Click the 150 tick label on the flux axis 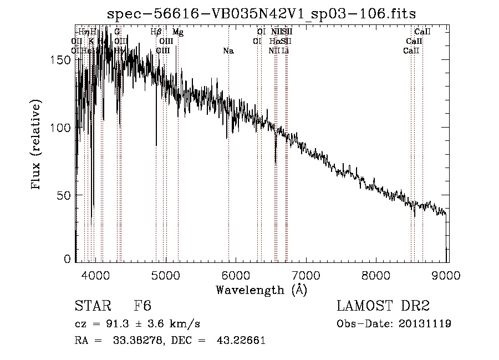click(65, 60)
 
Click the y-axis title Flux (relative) click(37, 145)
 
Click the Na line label click(228, 51)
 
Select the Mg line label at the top click(177, 32)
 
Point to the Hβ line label click(156, 32)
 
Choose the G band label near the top click(117, 32)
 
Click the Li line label click(285, 51)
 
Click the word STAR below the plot click(91, 306)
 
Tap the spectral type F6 click(142, 306)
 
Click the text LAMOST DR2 click(383, 306)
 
